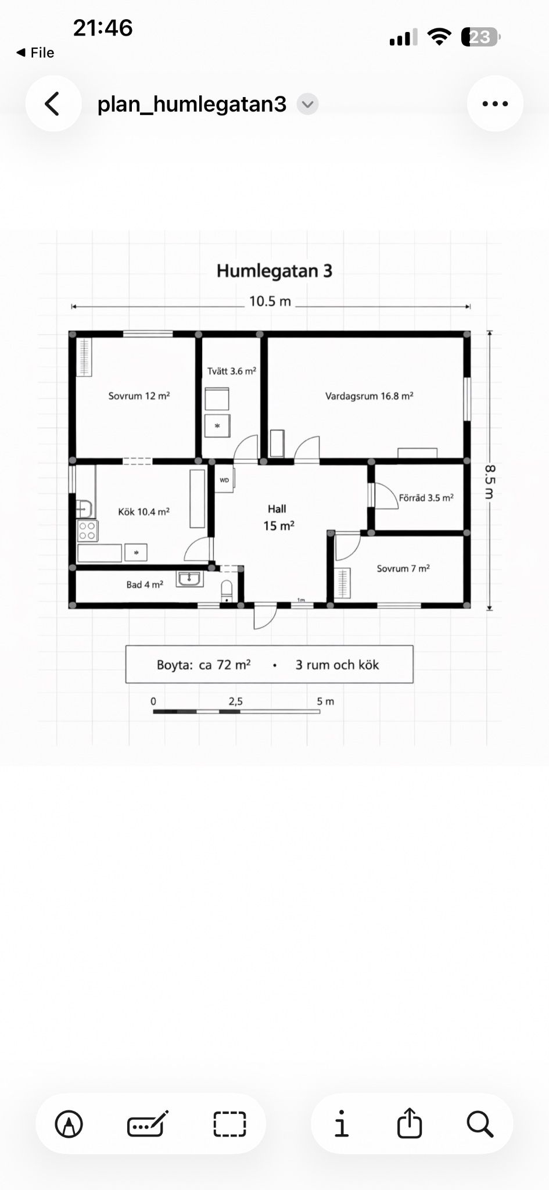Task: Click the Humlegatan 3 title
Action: [274, 271]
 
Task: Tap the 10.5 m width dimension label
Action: [270, 302]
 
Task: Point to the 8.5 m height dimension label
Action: [489, 482]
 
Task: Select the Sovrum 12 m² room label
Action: [139, 396]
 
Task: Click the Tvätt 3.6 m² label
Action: [232, 371]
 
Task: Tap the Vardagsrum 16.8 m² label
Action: [369, 396]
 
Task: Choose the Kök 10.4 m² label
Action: [143, 512]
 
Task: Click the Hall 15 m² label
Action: [278, 517]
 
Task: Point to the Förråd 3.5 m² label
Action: [426, 498]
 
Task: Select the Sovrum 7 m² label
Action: [403, 568]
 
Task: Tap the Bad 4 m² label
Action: [145, 585]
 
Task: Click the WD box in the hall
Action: [224, 480]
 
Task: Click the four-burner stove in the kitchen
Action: [88, 531]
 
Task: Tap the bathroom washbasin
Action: [189, 579]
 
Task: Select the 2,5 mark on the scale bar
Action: [235, 701]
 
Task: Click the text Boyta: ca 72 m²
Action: [203, 665]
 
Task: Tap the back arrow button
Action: [53, 104]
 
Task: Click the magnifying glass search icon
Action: [480, 1124]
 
